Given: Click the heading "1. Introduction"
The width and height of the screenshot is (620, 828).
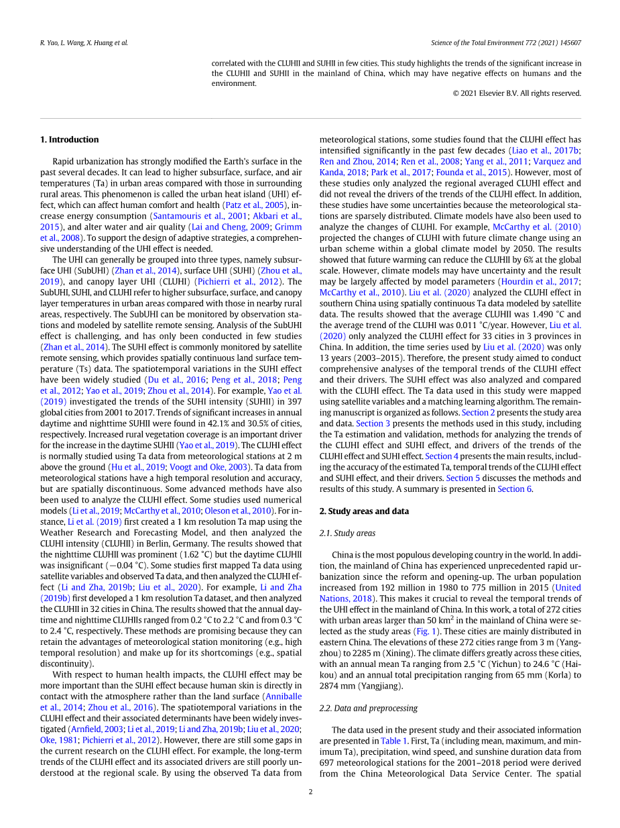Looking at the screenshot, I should tap(69, 140).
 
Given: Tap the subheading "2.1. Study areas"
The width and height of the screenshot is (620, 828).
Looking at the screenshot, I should tap(347, 533).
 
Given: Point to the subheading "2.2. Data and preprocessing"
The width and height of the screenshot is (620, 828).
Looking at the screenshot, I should tap(368, 708).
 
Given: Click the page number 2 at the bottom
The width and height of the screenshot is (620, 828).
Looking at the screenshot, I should tap(310, 792).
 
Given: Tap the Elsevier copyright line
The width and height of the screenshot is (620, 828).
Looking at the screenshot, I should tap(517, 93).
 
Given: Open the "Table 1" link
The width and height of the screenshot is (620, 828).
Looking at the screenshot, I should tap(394, 741).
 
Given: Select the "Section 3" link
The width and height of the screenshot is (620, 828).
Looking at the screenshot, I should tap(373, 423).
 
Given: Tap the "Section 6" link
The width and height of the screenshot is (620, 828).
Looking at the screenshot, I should tap(515, 489).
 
